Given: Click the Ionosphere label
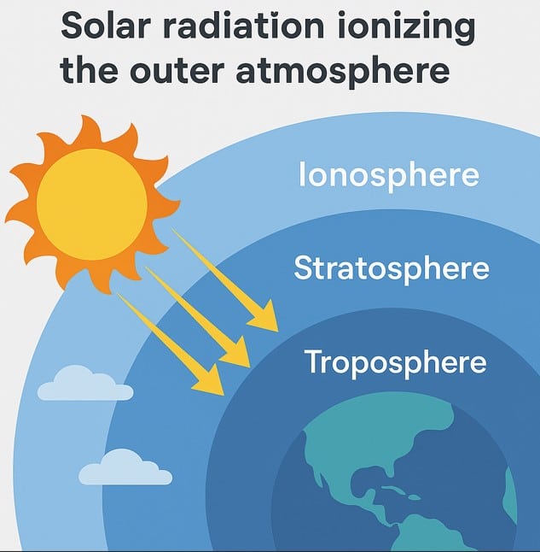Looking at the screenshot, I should [x=388, y=175].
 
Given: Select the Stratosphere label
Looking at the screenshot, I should [x=392, y=268].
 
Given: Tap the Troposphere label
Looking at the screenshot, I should [x=395, y=362].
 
